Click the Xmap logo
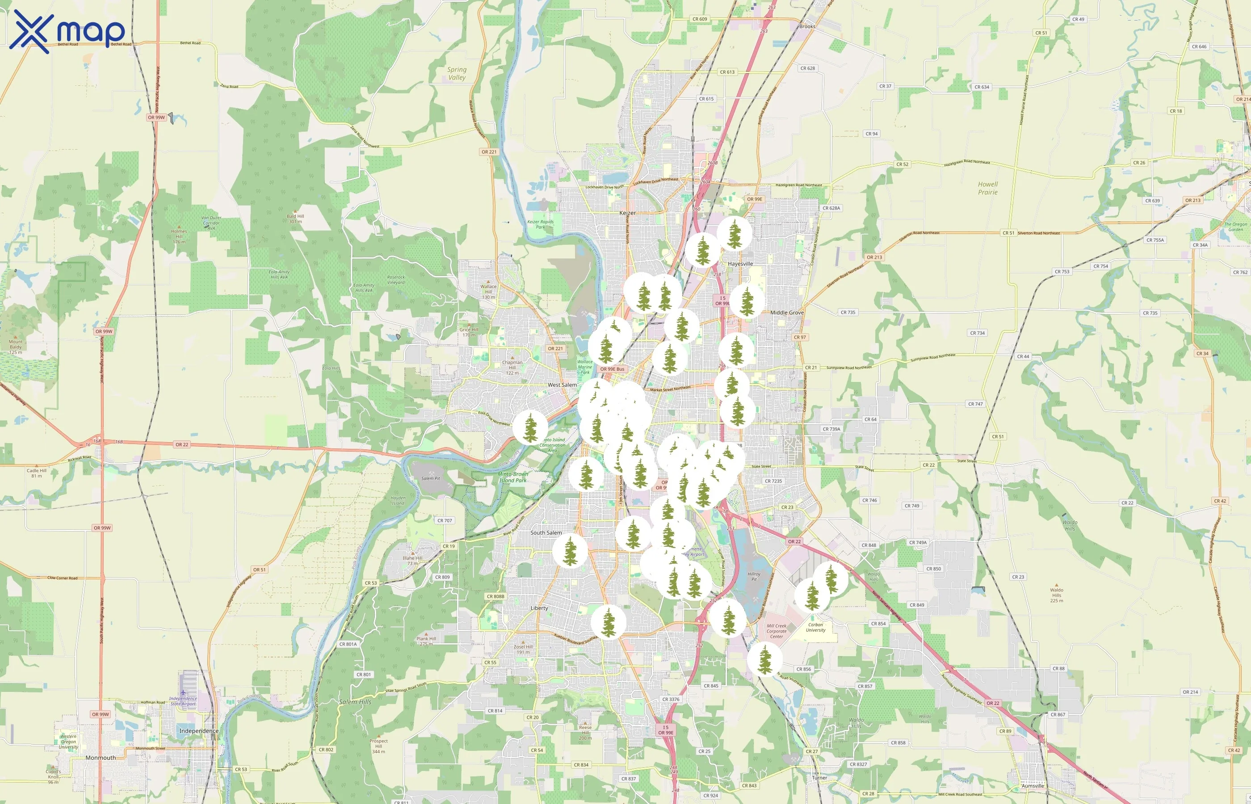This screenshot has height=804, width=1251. click(67, 31)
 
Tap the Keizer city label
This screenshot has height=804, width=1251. click(627, 213)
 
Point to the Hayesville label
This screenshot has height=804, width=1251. click(740, 264)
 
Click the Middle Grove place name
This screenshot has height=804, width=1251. click(787, 313)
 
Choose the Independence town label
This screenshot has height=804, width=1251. click(198, 731)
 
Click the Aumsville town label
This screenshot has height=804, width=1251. click(1032, 786)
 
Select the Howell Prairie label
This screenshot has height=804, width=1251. click(987, 188)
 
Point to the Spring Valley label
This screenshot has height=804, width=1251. click(457, 74)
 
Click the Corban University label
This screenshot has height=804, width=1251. click(815, 627)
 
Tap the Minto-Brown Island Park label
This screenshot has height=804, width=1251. click(513, 477)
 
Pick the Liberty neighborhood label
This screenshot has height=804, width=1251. click(539, 608)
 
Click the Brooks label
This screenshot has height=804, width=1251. click(807, 26)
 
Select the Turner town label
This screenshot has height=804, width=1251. click(819, 777)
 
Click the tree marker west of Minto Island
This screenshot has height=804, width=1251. click(530, 427)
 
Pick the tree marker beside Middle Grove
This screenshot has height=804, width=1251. click(747, 301)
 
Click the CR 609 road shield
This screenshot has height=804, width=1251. click(699, 19)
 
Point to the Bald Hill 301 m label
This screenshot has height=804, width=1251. click(295, 218)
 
